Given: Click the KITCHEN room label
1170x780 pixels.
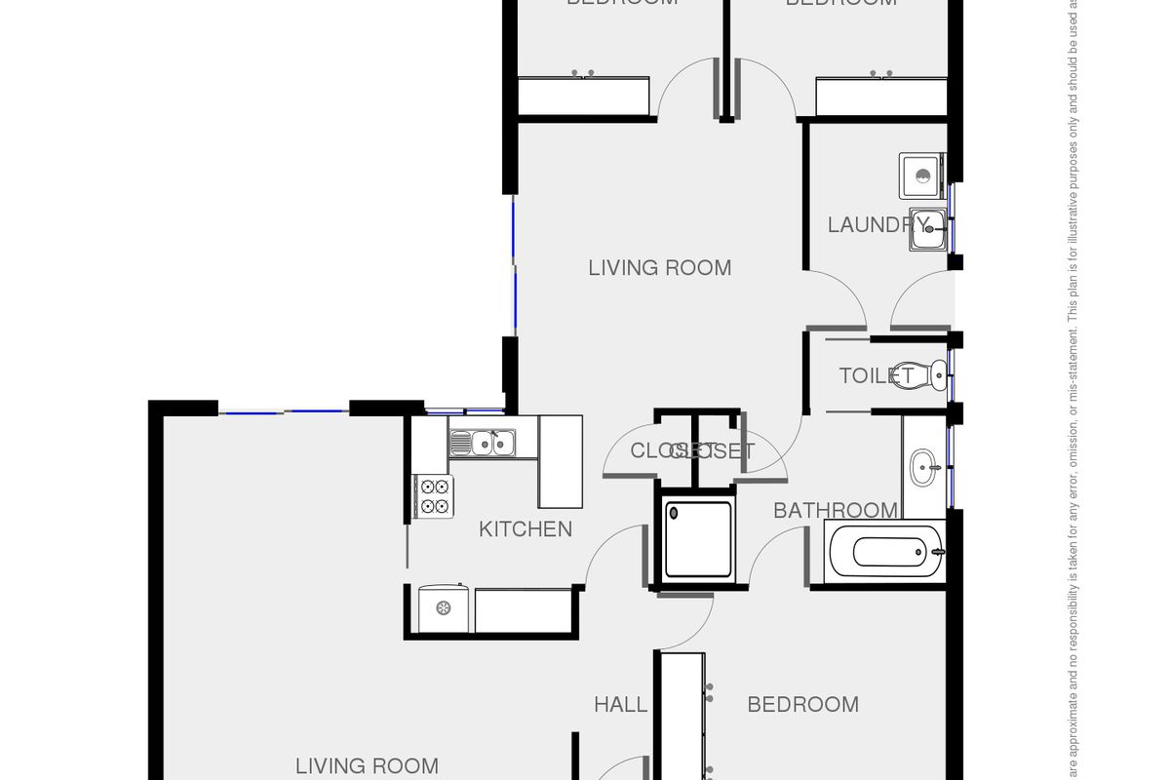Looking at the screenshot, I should pyautogui.click(x=525, y=529).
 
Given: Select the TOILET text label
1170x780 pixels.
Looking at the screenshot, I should pyautogui.click(x=876, y=375).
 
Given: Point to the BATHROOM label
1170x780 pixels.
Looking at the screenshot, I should pyautogui.click(x=835, y=510).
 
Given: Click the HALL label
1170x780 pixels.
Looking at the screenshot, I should pyautogui.click(x=620, y=704).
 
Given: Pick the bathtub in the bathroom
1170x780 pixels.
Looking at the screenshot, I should pyautogui.click(x=885, y=552).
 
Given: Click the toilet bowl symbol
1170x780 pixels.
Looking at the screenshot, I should pyautogui.click(x=934, y=371).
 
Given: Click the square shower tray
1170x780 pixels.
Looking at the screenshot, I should pyautogui.click(x=699, y=539).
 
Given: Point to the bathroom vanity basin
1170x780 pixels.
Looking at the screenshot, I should pyautogui.click(x=924, y=467).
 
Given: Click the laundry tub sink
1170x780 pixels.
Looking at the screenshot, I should pyautogui.click(x=927, y=230).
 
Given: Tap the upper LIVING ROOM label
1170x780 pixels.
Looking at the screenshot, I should pyautogui.click(x=659, y=267).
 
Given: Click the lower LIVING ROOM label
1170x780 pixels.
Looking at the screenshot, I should pyautogui.click(x=367, y=766).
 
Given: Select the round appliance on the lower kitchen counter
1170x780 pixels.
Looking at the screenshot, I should pyautogui.click(x=444, y=608).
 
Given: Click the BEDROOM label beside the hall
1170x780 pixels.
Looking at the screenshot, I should pyautogui.click(x=802, y=704).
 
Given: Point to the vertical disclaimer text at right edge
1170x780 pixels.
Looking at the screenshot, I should pyautogui.click(x=1072, y=390).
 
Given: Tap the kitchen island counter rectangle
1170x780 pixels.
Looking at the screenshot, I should pyautogui.click(x=561, y=461).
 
